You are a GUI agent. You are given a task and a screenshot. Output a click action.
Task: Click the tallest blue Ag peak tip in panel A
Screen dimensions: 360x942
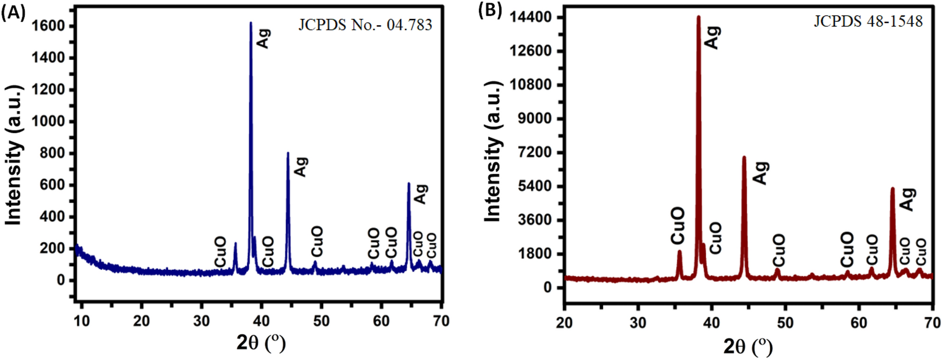tap(251, 23)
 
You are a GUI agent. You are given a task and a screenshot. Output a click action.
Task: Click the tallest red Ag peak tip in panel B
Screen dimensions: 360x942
tap(698, 18)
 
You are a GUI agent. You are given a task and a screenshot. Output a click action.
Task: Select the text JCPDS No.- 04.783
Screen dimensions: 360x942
tap(365, 25)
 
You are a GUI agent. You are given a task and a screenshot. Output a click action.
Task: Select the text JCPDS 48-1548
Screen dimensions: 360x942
tap(868, 21)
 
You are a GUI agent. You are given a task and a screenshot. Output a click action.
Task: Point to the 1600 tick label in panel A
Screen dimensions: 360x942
tap(47, 26)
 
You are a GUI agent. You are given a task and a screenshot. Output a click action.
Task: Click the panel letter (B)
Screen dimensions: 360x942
tap(490, 10)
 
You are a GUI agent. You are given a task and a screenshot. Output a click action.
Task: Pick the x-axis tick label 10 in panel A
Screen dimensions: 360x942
tap(82, 321)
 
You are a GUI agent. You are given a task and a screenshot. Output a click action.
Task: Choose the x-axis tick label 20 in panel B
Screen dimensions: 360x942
tap(564, 323)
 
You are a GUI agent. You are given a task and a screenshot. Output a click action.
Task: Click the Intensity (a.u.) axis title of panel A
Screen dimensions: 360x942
tap(14, 155)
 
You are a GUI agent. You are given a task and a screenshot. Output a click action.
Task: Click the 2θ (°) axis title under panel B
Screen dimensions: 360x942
tap(747, 347)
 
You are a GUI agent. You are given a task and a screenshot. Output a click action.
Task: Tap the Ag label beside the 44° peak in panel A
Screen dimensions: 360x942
tap(301, 166)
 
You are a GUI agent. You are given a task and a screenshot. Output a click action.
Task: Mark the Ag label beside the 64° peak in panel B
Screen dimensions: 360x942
tap(907, 199)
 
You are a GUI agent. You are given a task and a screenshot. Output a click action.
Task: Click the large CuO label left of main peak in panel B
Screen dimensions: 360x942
tap(678, 225)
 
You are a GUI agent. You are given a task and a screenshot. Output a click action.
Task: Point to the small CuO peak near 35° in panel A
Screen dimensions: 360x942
tap(235, 244)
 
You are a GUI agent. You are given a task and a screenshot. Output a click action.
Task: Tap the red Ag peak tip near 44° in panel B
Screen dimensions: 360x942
tap(744, 157)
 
